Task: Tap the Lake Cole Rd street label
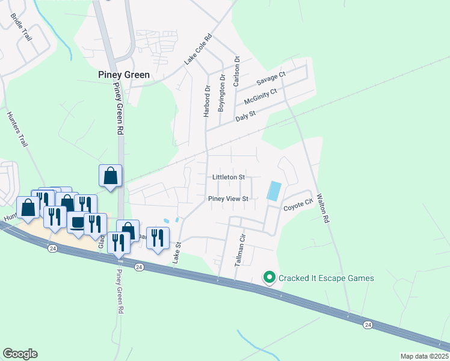(199, 49)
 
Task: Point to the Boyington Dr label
(221, 89)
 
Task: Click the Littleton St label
(229, 177)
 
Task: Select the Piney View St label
(228, 199)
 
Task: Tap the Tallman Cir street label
(242, 247)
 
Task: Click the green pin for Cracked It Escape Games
(270, 277)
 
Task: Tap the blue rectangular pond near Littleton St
(273, 191)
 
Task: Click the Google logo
(20, 354)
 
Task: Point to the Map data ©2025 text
(424, 356)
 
